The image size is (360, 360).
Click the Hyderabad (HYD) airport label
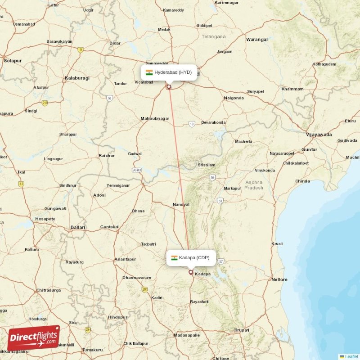coord(169,72)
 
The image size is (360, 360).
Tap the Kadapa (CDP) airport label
coord(190,258)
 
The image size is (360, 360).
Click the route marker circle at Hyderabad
coord(169,87)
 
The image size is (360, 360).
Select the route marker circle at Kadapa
coord(191,272)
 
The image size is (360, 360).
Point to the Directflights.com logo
coord(34,338)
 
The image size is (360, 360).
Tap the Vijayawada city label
coord(319,135)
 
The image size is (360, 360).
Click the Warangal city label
coord(257,40)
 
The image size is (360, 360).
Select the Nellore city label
coord(279,279)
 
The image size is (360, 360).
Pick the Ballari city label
coord(78,228)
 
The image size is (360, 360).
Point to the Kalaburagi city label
coord(77,78)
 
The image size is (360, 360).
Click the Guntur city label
coord(309,149)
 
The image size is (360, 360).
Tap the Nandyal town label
coord(181,204)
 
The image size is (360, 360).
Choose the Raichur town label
coord(107,156)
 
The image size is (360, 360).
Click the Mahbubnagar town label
coord(155,118)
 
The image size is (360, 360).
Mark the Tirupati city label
coord(242,330)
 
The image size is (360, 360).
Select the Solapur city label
coord(13,60)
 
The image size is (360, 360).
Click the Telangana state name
coord(213,36)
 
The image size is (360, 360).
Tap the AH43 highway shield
coord(137,170)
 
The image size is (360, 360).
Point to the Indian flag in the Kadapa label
coord(174,258)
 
